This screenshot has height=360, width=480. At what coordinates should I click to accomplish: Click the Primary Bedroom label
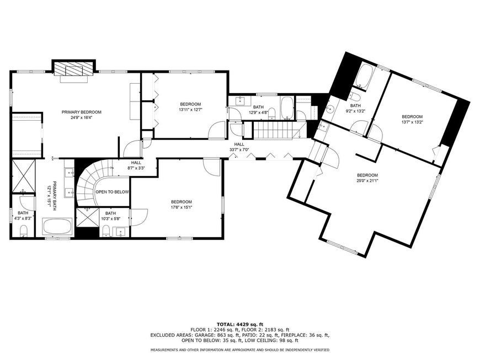(x=82, y=114)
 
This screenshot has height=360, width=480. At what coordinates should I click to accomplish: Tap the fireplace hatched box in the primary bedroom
(x=73, y=69)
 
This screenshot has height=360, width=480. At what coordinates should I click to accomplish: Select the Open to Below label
(x=112, y=192)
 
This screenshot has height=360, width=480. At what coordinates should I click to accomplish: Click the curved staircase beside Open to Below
(x=92, y=184)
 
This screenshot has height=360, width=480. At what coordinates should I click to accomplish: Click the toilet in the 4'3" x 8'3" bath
(x=24, y=230)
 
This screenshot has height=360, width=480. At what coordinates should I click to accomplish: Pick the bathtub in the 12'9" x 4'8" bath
(x=287, y=108)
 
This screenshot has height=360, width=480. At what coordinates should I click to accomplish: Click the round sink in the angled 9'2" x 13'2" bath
(x=330, y=109)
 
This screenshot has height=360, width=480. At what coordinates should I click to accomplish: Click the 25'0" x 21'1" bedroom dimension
(x=367, y=180)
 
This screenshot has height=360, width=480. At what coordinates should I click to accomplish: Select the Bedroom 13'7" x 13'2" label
(x=412, y=119)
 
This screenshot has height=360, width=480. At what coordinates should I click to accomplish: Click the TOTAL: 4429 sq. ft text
(x=240, y=324)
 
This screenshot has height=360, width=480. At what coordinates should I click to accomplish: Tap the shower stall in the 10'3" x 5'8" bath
(x=88, y=217)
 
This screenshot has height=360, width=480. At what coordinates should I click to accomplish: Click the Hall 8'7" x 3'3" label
(x=136, y=165)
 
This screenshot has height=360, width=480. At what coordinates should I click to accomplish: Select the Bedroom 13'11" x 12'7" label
(x=190, y=107)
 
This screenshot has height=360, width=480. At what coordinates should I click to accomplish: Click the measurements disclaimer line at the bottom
(x=240, y=350)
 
